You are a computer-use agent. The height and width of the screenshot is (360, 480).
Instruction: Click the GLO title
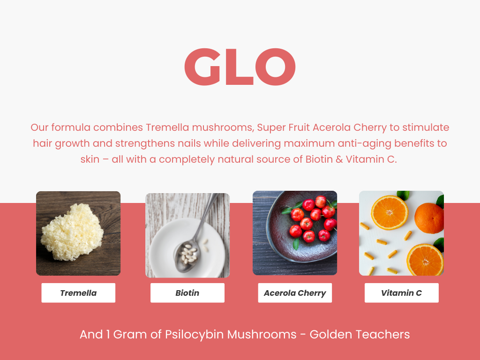point(240,67)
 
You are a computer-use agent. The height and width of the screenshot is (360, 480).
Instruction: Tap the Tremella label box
point(78,293)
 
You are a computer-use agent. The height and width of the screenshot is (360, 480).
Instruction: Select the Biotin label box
point(187,293)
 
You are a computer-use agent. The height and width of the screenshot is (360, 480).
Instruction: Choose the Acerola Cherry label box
point(295,293)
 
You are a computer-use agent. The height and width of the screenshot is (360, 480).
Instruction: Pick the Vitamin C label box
point(401,293)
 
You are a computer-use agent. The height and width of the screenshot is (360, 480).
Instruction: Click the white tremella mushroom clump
point(72,232)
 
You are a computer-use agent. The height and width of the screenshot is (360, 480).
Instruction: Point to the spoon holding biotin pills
point(193,242)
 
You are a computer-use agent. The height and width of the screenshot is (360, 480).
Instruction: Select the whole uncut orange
point(429,218)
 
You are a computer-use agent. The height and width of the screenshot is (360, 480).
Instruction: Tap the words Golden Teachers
point(360,335)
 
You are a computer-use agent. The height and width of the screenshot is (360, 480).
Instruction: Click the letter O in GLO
point(276,67)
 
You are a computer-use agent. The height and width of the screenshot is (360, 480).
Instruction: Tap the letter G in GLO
point(202,67)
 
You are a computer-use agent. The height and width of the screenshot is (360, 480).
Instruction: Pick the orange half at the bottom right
point(425,260)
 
